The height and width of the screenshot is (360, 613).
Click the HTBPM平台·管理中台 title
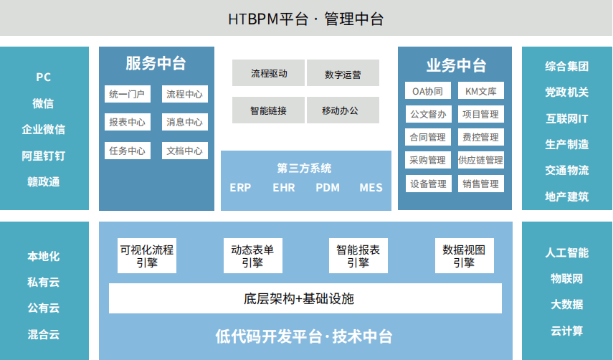click(x=306, y=19)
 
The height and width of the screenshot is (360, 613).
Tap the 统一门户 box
click(x=127, y=94)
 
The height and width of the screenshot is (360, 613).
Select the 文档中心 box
click(x=184, y=151)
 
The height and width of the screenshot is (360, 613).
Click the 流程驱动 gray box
click(x=268, y=73)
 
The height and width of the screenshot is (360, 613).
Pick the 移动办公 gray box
click(x=342, y=110)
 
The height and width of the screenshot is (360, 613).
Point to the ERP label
click(x=240, y=188)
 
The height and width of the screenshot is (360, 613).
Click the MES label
click(x=371, y=188)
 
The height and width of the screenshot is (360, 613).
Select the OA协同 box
click(x=427, y=91)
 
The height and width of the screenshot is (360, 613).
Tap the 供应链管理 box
click(x=480, y=160)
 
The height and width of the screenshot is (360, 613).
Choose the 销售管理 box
click(x=480, y=184)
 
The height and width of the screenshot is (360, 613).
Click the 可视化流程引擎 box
click(x=146, y=256)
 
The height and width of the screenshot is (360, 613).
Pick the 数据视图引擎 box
click(x=464, y=256)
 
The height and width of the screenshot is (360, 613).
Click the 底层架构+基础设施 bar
click(x=305, y=298)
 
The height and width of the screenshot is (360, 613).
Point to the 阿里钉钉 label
click(x=44, y=156)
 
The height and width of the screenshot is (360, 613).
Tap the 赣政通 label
click(x=44, y=181)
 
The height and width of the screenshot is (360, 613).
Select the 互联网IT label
click(x=566, y=118)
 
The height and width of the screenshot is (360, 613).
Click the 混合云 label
click(x=44, y=334)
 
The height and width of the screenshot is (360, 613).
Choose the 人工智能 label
click(x=566, y=252)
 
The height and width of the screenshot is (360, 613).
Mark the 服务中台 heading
click(x=156, y=63)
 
